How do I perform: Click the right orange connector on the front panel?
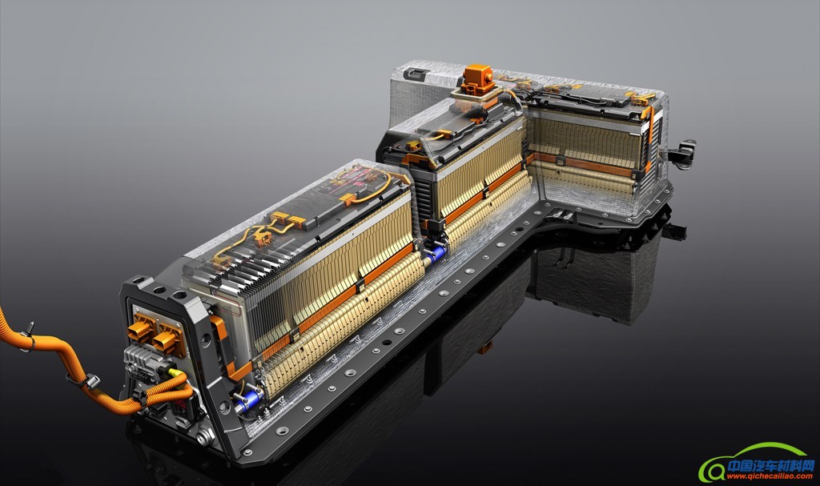(168, 335)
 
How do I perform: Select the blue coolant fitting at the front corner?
(249, 400)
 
